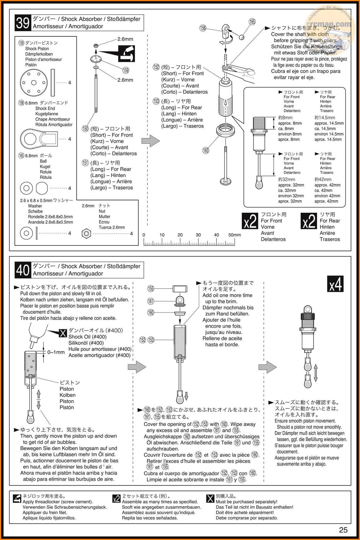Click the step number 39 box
23,23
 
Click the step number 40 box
23,270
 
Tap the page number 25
343,530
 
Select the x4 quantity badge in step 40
335,284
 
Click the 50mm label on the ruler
234,235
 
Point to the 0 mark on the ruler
144,235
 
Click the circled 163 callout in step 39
206,150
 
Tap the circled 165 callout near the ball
252,21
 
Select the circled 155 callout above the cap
151,289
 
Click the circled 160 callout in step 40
151,313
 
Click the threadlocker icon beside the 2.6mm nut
126,54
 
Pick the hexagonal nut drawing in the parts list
86,234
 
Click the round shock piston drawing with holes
34,83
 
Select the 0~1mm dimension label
56,352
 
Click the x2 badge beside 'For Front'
250,221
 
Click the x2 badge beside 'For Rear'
309,221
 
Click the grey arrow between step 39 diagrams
151,141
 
